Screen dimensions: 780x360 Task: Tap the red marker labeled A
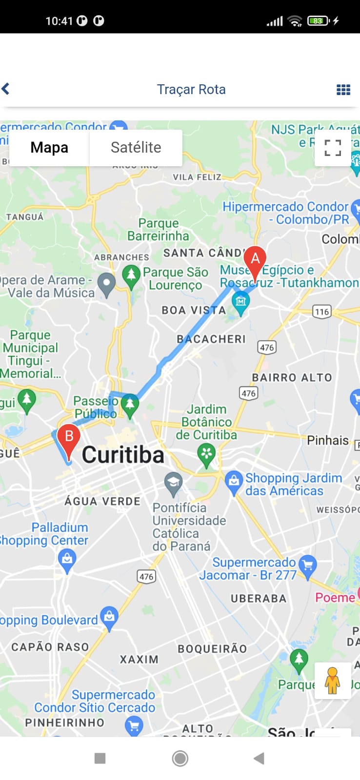coord(255,260)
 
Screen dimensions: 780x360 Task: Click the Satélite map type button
coord(136,147)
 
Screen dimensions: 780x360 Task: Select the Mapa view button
coord(49,147)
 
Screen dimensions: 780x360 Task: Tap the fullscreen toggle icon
coord(333,148)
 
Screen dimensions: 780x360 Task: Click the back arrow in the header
coord(6,89)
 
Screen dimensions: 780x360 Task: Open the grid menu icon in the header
coord(343,90)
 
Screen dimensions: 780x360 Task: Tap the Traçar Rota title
coord(191,89)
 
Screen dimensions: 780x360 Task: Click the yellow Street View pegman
coord(332,680)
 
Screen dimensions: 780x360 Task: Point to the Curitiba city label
coord(123,455)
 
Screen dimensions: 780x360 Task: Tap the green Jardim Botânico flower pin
coord(206,454)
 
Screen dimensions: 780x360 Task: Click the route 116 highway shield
coord(322,312)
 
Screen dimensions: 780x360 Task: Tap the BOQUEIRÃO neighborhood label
coord(212,649)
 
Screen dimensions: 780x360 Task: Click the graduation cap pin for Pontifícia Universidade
coord(173,482)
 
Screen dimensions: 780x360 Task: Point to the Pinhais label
coord(328,440)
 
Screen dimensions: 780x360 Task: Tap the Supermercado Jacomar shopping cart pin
coord(307,565)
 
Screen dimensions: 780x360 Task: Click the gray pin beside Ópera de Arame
coord(106,282)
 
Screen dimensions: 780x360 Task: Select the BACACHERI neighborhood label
coord(211,339)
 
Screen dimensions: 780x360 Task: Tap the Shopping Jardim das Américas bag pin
coord(234,481)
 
